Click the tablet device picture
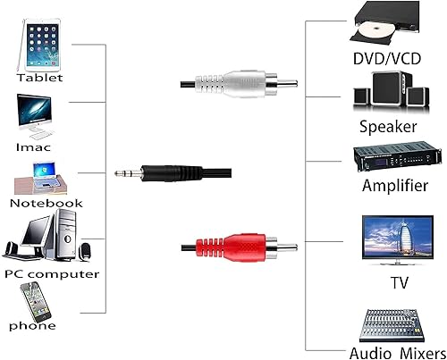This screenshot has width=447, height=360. [43, 46]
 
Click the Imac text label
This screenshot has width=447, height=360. [33, 146]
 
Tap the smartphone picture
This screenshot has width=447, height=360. [34, 301]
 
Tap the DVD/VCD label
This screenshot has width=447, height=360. [386, 60]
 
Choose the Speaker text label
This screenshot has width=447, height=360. [388, 126]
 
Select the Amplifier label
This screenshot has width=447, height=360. [394, 187]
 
